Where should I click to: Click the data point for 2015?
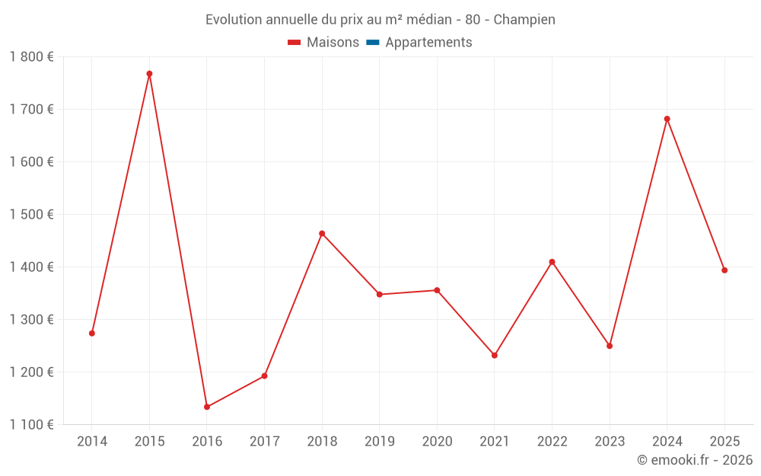[x=149, y=74]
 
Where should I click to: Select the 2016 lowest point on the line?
[x=207, y=407]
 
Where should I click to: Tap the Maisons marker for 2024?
[x=667, y=119]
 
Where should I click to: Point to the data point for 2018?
[x=322, y=234]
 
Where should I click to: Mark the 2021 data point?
[x=495, y=356]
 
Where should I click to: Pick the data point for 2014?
[x=92, y=334]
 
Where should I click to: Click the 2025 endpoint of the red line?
[x=724, y=270]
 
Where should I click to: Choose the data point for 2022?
[x=552, y=262]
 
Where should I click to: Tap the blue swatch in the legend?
[x=373, y=43]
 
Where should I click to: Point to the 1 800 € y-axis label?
[x=31, y=56]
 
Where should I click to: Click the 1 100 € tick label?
[x=31, y=425]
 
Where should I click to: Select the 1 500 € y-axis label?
[x=31, y=215]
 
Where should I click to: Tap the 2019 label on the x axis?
[x=380, y=442]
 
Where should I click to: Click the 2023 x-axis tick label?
[x=610, y=442]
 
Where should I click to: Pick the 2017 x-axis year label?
[x=264, y=442]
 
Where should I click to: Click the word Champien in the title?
[x=524, y=20]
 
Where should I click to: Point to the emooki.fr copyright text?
[x=694, y=460]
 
